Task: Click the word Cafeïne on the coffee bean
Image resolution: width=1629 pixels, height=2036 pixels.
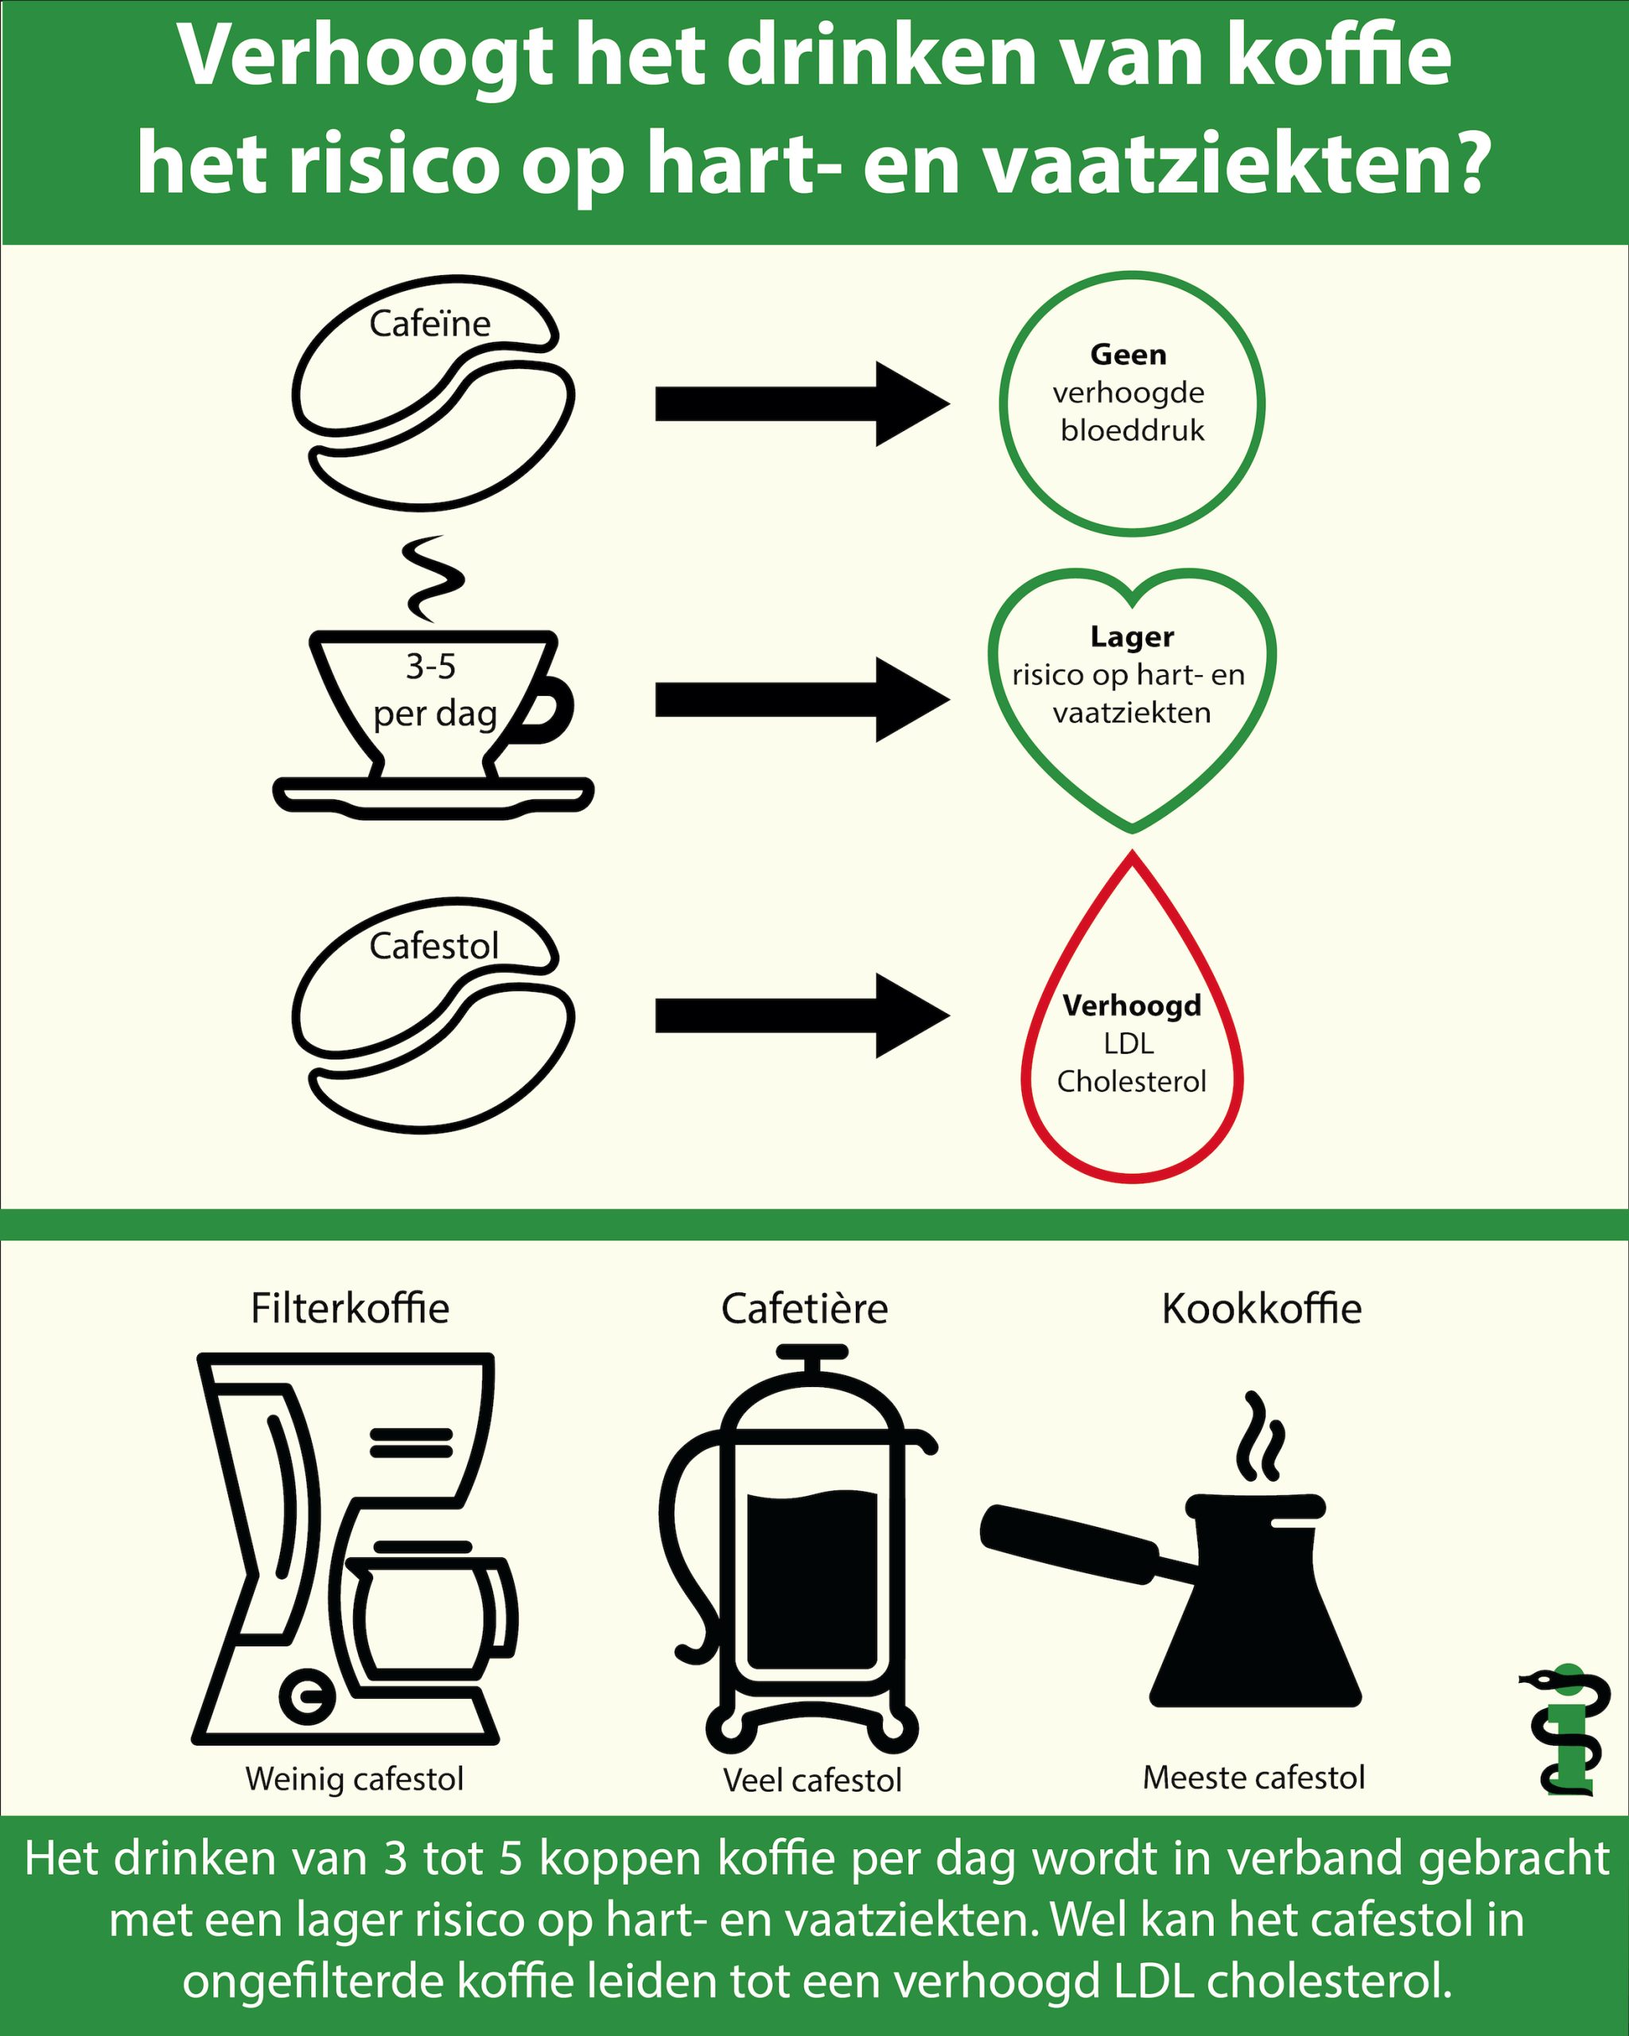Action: (x=430, y=324)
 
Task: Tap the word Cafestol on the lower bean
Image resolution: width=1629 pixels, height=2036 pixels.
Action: (x=433, y=946)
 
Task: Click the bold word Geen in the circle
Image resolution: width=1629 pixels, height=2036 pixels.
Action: (x=1128, y=355)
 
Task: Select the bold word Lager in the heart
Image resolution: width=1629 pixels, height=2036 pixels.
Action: (x=1131, y=636)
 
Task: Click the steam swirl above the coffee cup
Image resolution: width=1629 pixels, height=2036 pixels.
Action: (x=433, y=578)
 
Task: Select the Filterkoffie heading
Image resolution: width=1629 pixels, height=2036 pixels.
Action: (x=349, y=1309)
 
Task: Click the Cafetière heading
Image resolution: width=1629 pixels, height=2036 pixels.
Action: (x=805, y=1309)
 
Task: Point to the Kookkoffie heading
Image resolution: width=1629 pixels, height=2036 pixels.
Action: (x=1261, y=1309)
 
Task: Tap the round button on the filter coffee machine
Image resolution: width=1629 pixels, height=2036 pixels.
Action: (x=306, y=1696)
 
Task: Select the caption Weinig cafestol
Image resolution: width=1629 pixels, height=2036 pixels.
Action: (x=354, y=1779)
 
